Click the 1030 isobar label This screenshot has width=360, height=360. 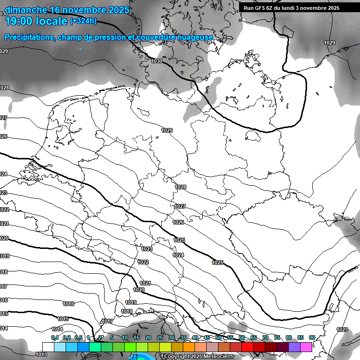coord(157,61)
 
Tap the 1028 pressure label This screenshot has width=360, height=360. coord(180,187)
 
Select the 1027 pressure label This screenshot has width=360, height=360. coord(180,206)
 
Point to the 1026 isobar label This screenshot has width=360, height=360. coord(178,222)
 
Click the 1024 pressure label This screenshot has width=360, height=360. coord(178,255)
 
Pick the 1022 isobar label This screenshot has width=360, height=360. coord(143,262)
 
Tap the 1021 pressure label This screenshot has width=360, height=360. coord(145,283)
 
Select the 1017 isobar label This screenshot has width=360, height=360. coord(107,321)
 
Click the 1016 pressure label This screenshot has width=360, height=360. coord(68,304)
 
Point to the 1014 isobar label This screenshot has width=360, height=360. coord(57,329)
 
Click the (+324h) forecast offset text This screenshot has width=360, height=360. coord(83,21)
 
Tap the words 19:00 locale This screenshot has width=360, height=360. coord(37,21)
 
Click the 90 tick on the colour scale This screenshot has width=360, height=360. coord(312,337)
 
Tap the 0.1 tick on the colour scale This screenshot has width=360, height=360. coord(55,337)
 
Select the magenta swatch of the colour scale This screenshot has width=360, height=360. coord(307,346)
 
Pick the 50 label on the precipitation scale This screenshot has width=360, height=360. coord(218,337)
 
